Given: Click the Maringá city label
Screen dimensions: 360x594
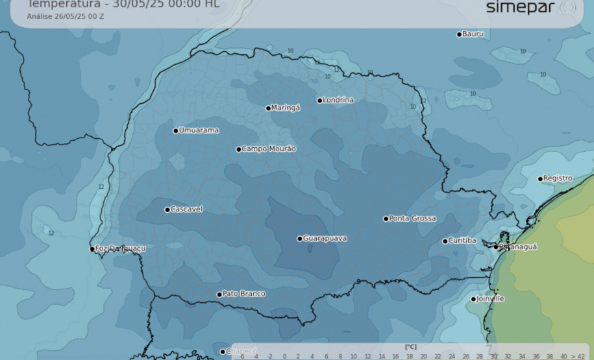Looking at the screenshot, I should [286, 108].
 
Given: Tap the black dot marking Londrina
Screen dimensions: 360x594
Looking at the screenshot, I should [320, 101].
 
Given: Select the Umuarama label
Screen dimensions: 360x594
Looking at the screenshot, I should [199, 130].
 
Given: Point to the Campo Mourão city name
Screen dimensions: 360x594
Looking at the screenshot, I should [269, 149].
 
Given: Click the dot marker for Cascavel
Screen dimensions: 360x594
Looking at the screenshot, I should [167, 210].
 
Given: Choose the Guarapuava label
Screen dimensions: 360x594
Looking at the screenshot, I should [325, 239].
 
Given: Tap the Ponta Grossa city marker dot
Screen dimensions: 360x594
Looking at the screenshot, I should [386, 219].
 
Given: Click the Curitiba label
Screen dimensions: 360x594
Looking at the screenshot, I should [462, 241].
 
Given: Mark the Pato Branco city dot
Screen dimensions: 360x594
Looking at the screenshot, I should [219, 294].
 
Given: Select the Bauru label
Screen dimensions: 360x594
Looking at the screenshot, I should [473, 34].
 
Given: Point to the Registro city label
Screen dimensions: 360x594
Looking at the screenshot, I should [558, 178].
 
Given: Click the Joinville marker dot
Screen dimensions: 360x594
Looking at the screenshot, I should [473, 299].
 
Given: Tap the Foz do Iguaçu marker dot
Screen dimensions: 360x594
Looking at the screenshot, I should [92, 249].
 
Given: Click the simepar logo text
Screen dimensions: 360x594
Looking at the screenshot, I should [521, 8].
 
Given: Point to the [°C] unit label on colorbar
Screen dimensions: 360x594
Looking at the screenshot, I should [410, 347].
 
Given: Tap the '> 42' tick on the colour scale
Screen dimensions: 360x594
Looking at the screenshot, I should [578, 356].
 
